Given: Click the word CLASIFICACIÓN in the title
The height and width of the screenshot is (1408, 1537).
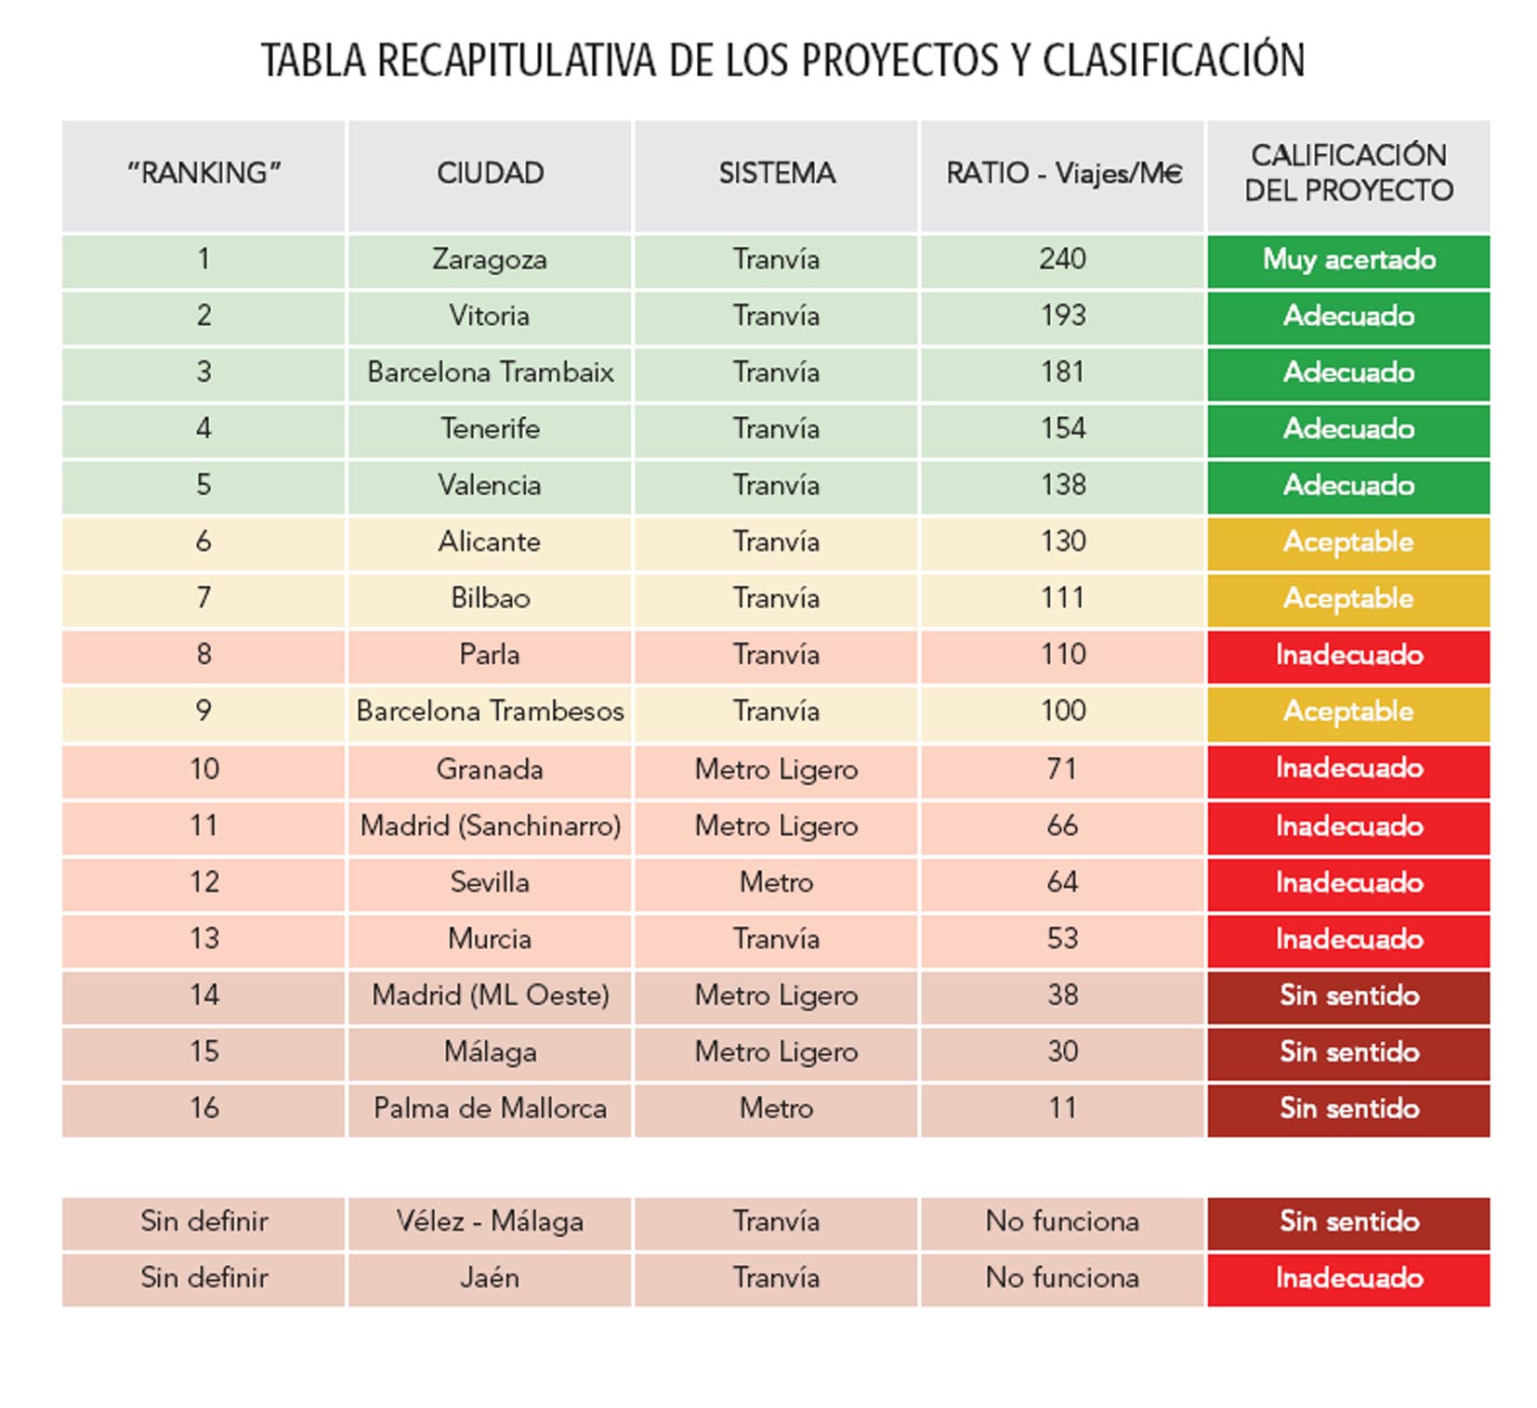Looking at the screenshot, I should click(1173, 61).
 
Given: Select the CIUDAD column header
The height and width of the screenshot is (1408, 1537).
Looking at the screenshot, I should click(490, 174).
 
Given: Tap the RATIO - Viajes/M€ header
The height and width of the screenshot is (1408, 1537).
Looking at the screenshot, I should click(1063, 174).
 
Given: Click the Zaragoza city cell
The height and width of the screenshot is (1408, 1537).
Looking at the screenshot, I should click(490, 260).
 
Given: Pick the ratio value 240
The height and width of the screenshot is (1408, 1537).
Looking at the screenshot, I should click(1062, 259).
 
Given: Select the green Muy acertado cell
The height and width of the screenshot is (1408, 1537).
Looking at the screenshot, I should click(1348, 260).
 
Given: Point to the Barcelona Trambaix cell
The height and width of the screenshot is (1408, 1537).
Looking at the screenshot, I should click(490, 372).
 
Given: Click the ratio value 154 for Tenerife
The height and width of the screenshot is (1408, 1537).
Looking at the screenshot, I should click(1062, 428).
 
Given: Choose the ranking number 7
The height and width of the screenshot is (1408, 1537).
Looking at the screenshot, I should click(204, 598).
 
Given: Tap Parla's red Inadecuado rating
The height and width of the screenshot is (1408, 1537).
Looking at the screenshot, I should click(1348, 656).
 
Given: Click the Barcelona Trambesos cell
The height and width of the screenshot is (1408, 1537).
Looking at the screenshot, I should click(490, 711).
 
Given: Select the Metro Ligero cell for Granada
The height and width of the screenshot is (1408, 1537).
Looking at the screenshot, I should click(776, 770).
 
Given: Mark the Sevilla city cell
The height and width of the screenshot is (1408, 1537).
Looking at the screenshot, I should click(490, 882).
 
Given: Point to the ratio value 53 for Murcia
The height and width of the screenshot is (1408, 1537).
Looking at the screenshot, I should click(1062, 939).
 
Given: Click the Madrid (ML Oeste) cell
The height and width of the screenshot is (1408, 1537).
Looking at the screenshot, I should click(490, 996).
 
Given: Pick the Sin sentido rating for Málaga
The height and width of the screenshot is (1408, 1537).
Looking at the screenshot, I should click(1348, 1052).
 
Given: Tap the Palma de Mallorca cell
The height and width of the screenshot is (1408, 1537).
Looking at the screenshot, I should click(490, 1109).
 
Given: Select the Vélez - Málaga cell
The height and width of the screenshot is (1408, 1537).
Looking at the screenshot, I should click(490, 1221).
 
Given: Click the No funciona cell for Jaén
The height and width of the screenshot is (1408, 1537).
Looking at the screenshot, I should click(1062, 1278).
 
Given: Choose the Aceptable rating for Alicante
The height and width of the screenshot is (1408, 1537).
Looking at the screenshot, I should click(1348, 542).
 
